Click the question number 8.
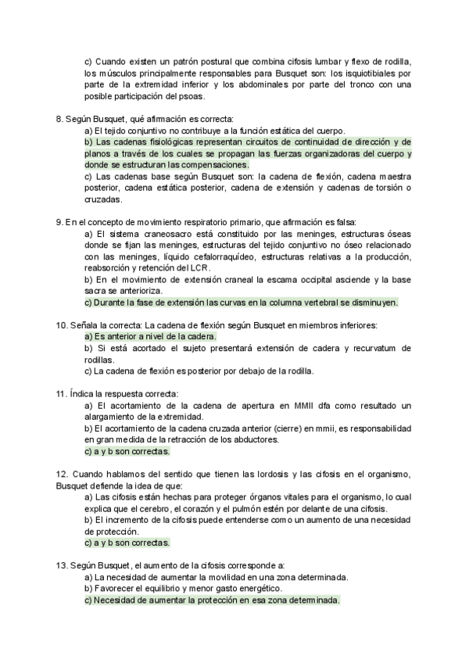pyautogui.click(x=59, y=118)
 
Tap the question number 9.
pyautogui.click(x=59, y=223)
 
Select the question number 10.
pyautogui.click(x=62, y=324)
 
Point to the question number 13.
pyautogui.click(x=62, y=565)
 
